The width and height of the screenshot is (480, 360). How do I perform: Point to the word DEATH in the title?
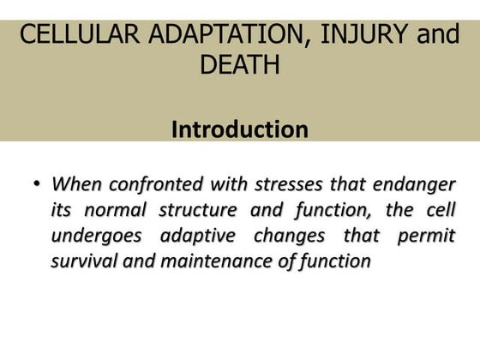(x=240, y=65)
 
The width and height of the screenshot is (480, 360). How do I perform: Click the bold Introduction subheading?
(x=240, y=129)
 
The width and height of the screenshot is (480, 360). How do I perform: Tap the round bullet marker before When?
(x=36, y=184)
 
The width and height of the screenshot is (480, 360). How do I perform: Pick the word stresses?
(x=285, y=184)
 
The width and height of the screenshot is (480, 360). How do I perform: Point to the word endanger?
(x=418, y=184)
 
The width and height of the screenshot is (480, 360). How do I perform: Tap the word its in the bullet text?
(x=62, y=210)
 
